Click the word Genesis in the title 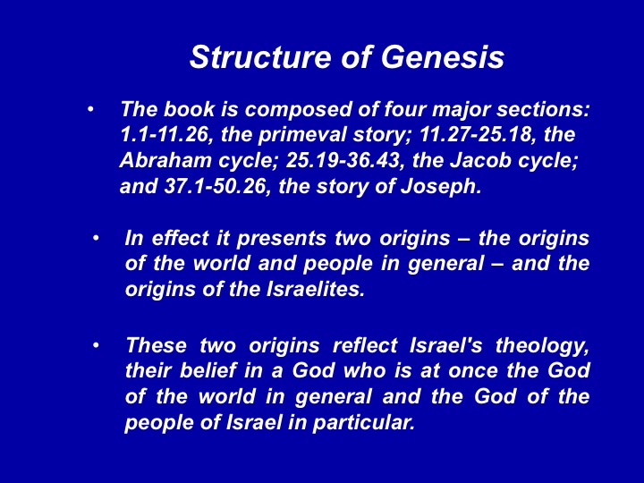[443, 57]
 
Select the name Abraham [165, 161]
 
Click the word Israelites [316, 290]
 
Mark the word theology [542, 346]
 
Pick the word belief [208, 371]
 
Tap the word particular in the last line [363, 423]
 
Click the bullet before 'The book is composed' [90, 109]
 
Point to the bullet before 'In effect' [96, 238]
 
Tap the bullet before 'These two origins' [96, 345]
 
